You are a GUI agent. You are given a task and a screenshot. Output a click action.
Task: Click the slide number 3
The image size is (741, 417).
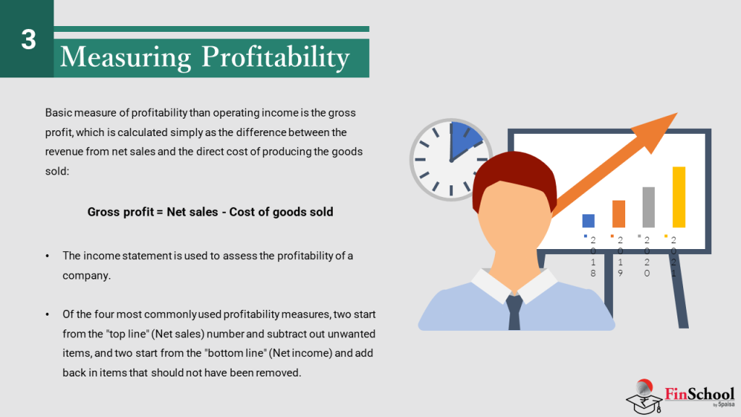click(x=28, y=39)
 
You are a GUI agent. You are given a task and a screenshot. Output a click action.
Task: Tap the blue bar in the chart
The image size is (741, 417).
click(x=588, y=221)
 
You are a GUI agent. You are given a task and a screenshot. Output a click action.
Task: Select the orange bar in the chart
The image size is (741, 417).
click(x=619, y=214)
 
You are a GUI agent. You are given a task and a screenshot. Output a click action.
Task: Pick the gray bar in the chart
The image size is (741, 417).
click(x=648, y=207)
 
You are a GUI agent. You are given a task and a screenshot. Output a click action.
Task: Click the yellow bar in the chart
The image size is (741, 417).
click(x=679, y=197)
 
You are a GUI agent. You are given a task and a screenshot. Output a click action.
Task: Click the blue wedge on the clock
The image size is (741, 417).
click(x=463, y=141)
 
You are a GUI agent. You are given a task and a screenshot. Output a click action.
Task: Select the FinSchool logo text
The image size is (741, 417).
click(x=698, y=395)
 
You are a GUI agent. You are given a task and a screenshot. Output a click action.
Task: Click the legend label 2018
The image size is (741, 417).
click(x=593, y=256)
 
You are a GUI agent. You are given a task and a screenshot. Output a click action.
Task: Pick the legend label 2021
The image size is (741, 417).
click(x=673, y=256)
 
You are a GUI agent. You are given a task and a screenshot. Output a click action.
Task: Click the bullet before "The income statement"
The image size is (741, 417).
click(x=48, y=256)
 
